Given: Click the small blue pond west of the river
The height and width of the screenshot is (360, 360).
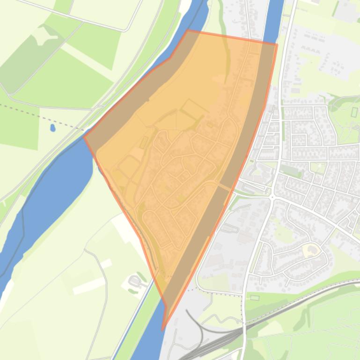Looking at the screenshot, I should coord(52,127).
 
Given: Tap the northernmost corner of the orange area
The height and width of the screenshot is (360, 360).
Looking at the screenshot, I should coord(188,30).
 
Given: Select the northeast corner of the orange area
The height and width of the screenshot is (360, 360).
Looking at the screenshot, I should coord(277,45).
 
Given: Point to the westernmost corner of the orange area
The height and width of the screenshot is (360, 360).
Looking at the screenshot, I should coord(84,136).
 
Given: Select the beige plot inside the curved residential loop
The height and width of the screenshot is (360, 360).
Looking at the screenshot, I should coord(309,251).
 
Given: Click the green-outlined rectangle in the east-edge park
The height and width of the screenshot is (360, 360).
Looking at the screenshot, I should coord(354,112).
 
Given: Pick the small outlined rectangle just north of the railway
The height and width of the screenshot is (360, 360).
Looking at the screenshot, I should coord(254,297).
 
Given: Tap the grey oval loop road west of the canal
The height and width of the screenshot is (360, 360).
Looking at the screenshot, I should coord(135,281).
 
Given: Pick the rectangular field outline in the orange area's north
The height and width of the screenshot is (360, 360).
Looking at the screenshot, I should coord(195,108).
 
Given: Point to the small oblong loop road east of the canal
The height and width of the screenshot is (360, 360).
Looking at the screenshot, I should coord(229,229).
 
